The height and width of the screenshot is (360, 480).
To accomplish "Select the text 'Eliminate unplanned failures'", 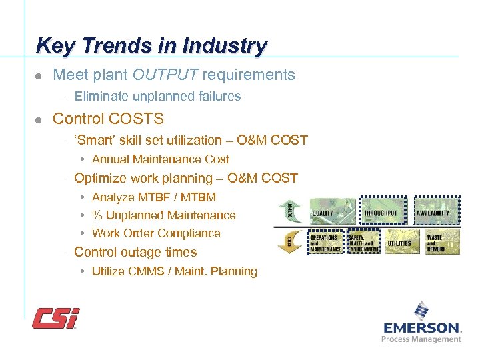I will [157, 97].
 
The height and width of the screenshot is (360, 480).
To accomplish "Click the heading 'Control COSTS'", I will [107, 119].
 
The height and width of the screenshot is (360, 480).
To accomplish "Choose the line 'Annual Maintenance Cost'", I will [160, 159].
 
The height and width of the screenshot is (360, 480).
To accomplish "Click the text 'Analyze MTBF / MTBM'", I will [153, 197].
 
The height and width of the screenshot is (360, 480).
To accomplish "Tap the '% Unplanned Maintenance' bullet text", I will [163, 215].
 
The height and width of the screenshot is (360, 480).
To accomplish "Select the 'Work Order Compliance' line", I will [155, 233].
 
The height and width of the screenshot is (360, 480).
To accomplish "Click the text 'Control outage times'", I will [135, 252].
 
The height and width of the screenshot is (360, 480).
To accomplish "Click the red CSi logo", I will [56, 318].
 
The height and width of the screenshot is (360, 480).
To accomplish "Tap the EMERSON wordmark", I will [421, 327].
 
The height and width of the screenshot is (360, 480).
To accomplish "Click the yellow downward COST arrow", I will [290, 241].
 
